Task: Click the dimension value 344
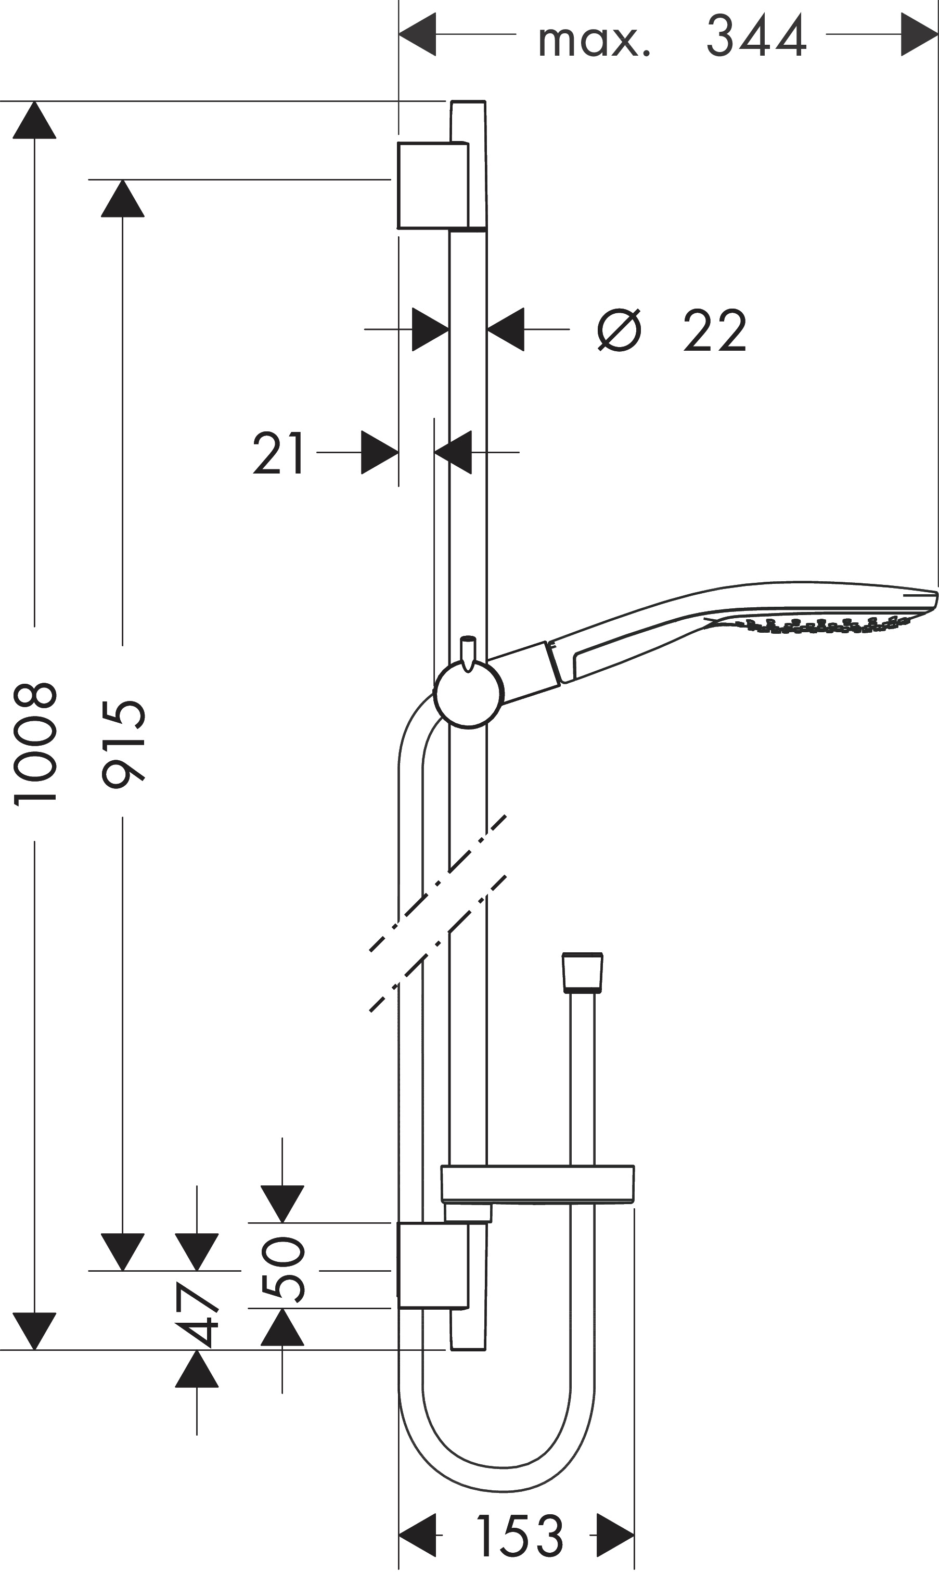(x=756, y=35)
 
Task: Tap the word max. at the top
(x=594, y=41)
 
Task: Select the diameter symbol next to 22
(x=620, y=330)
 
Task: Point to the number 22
(x=715, y=330)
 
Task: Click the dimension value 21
(x=279, y=453)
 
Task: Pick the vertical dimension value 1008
(x=35, y=744)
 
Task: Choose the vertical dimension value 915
(x=124, y=744)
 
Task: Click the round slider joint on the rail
(x=468, y=694)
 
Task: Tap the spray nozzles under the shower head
(x=822, y=624)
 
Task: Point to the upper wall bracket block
(x=433, y=185)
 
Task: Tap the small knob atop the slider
(x=468, y=652)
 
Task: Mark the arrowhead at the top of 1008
(x=35, y=120)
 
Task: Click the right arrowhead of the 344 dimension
(x=919, y=34)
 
